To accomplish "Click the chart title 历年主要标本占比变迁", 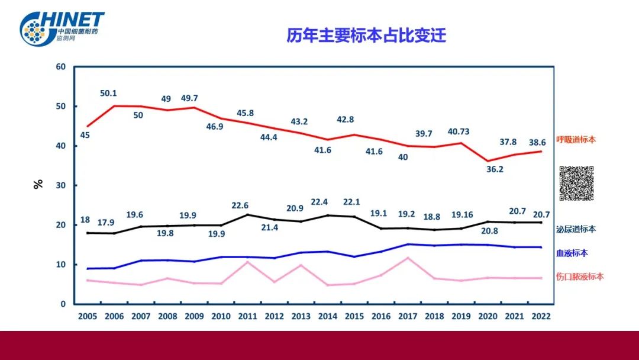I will tap(366, 36).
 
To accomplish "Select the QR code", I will tap(576, 184).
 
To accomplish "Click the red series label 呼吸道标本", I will tap(576, 140).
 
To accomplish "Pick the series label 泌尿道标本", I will tap(576, 229).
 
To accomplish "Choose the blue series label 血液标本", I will tap(572, 253).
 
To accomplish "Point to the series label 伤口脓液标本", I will tap(580, 277).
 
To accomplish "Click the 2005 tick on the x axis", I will tap(88, 316).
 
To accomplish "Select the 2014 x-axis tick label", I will tap(327, 316).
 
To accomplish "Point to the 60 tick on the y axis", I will tap(60, 67).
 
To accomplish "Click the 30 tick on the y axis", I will tap(60, 185).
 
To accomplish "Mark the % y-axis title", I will tap(38, 184).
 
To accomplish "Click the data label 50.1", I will tap(108, 94).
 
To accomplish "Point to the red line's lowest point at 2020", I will tap(488, 161).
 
